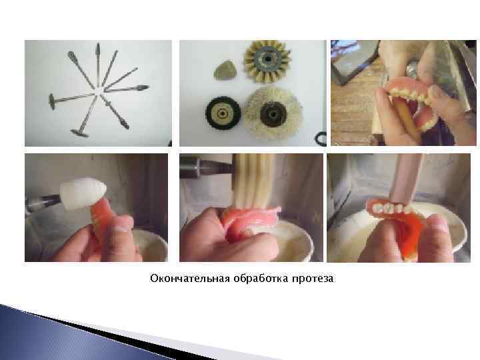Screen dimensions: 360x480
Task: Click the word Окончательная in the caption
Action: pyautogui.click(x=182, y=278)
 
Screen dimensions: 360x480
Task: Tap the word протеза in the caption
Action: pyautogui.click(x=309, y=278)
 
